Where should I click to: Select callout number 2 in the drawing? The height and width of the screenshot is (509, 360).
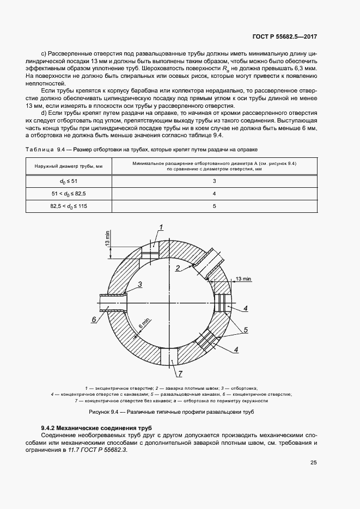pos(178,267)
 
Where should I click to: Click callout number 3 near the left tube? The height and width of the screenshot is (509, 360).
pos(140,284)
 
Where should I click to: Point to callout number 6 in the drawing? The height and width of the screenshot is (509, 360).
pos(94,320)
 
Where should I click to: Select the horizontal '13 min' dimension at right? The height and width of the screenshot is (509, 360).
pos(243,279)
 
